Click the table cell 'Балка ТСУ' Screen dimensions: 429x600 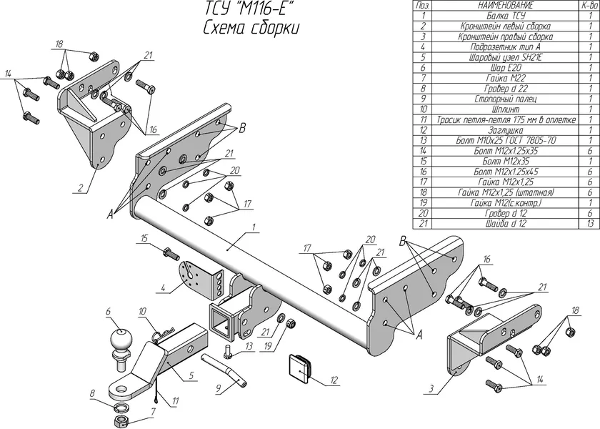506,15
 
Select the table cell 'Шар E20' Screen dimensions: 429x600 506,66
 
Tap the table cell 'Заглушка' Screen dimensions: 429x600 506,130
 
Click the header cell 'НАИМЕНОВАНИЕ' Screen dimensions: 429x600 506,5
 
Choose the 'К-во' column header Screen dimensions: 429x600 589,5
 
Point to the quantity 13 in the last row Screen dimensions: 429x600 589,225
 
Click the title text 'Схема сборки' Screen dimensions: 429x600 251,28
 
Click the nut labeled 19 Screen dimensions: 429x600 291,324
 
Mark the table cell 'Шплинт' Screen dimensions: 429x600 506,109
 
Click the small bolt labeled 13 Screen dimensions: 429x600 228,352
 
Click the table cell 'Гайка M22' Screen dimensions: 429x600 506,77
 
